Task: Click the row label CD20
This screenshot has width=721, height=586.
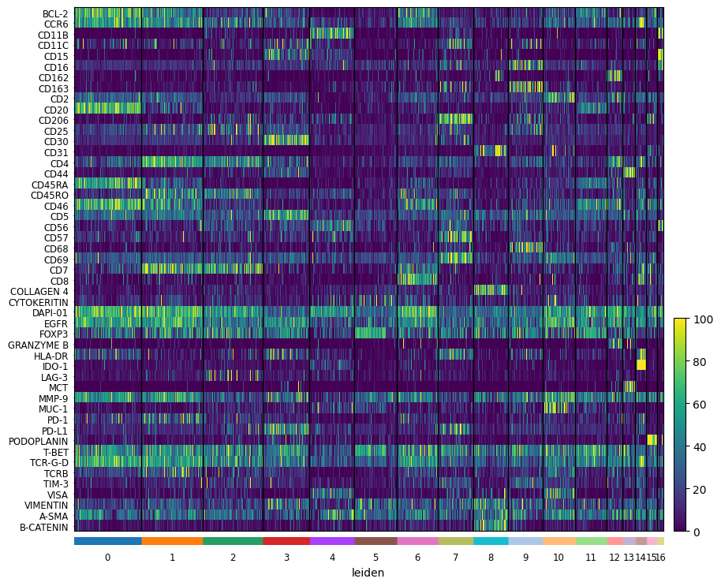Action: click(x=56, y=110)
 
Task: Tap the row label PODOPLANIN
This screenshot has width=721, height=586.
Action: click(x=38, y=441)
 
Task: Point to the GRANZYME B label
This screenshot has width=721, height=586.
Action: click(x=38, y=345)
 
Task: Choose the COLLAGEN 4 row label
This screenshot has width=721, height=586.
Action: click(x=39, y=292)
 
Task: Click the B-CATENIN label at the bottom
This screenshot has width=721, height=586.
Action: click(x=43, y=527)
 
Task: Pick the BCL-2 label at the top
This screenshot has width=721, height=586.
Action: click(x=55, y=13)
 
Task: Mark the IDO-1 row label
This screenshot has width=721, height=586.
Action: click(x=55, y=366)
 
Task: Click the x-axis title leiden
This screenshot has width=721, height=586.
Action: click(x=368, y=573)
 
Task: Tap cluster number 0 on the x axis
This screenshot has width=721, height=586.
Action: click(x=107, y=558)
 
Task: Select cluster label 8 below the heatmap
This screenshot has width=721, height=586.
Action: click(x=491, y=558)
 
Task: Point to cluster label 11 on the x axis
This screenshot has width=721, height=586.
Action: click(x=591, y=558)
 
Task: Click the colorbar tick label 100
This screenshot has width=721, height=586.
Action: click(x=703, y=320)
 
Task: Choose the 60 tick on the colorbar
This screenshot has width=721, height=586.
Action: click(x=700, y=405)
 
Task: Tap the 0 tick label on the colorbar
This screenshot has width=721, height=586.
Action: click(x=697, y=532)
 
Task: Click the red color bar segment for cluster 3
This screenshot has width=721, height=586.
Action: click(x=286, y=541)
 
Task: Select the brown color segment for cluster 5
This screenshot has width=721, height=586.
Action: click(x=375, y=541)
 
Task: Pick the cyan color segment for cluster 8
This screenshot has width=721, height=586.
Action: click(x=491, y=541)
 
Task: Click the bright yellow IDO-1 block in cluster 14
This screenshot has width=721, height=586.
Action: click(x=641, y=365)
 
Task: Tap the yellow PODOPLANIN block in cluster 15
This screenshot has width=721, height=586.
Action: click(x=652, y=440)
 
